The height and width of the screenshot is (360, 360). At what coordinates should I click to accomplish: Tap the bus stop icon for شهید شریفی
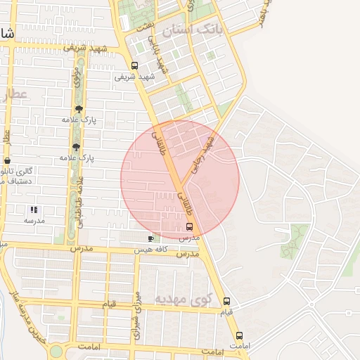[134, 66]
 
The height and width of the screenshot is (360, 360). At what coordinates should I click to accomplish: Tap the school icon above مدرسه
[34, 210]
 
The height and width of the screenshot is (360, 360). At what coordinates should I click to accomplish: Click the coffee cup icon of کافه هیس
[150, 239]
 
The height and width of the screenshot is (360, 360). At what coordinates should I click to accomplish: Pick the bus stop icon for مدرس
[188, 226]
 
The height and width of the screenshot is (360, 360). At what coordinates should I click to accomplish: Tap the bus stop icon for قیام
[226, 302]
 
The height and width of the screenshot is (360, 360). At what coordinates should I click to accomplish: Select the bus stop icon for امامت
[239, 335]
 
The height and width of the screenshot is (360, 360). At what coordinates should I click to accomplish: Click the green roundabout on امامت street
[56, 350]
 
